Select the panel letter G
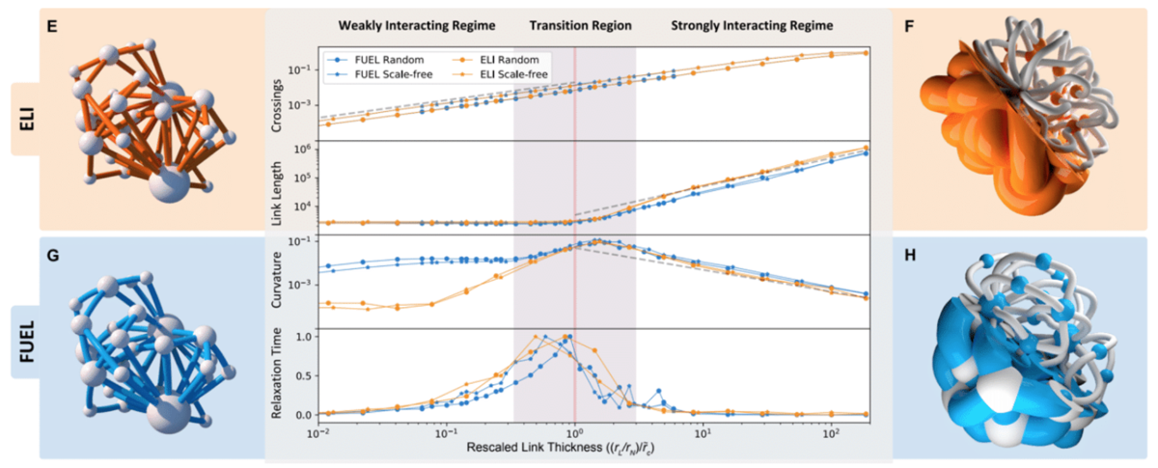pyautogui.click(x=56, y=256)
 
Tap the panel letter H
pyautogui.click(x=910, y=256)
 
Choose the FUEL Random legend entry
pyautogui.click(x=376, y=59)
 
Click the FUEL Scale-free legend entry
pyautogui.click(x=381, y=73)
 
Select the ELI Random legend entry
pyautogui.click(x=495, y=59)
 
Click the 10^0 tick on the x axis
pyautogui.click(x=575, y=431)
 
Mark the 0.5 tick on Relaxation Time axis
pyautogui.click(x=304, y=375)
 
